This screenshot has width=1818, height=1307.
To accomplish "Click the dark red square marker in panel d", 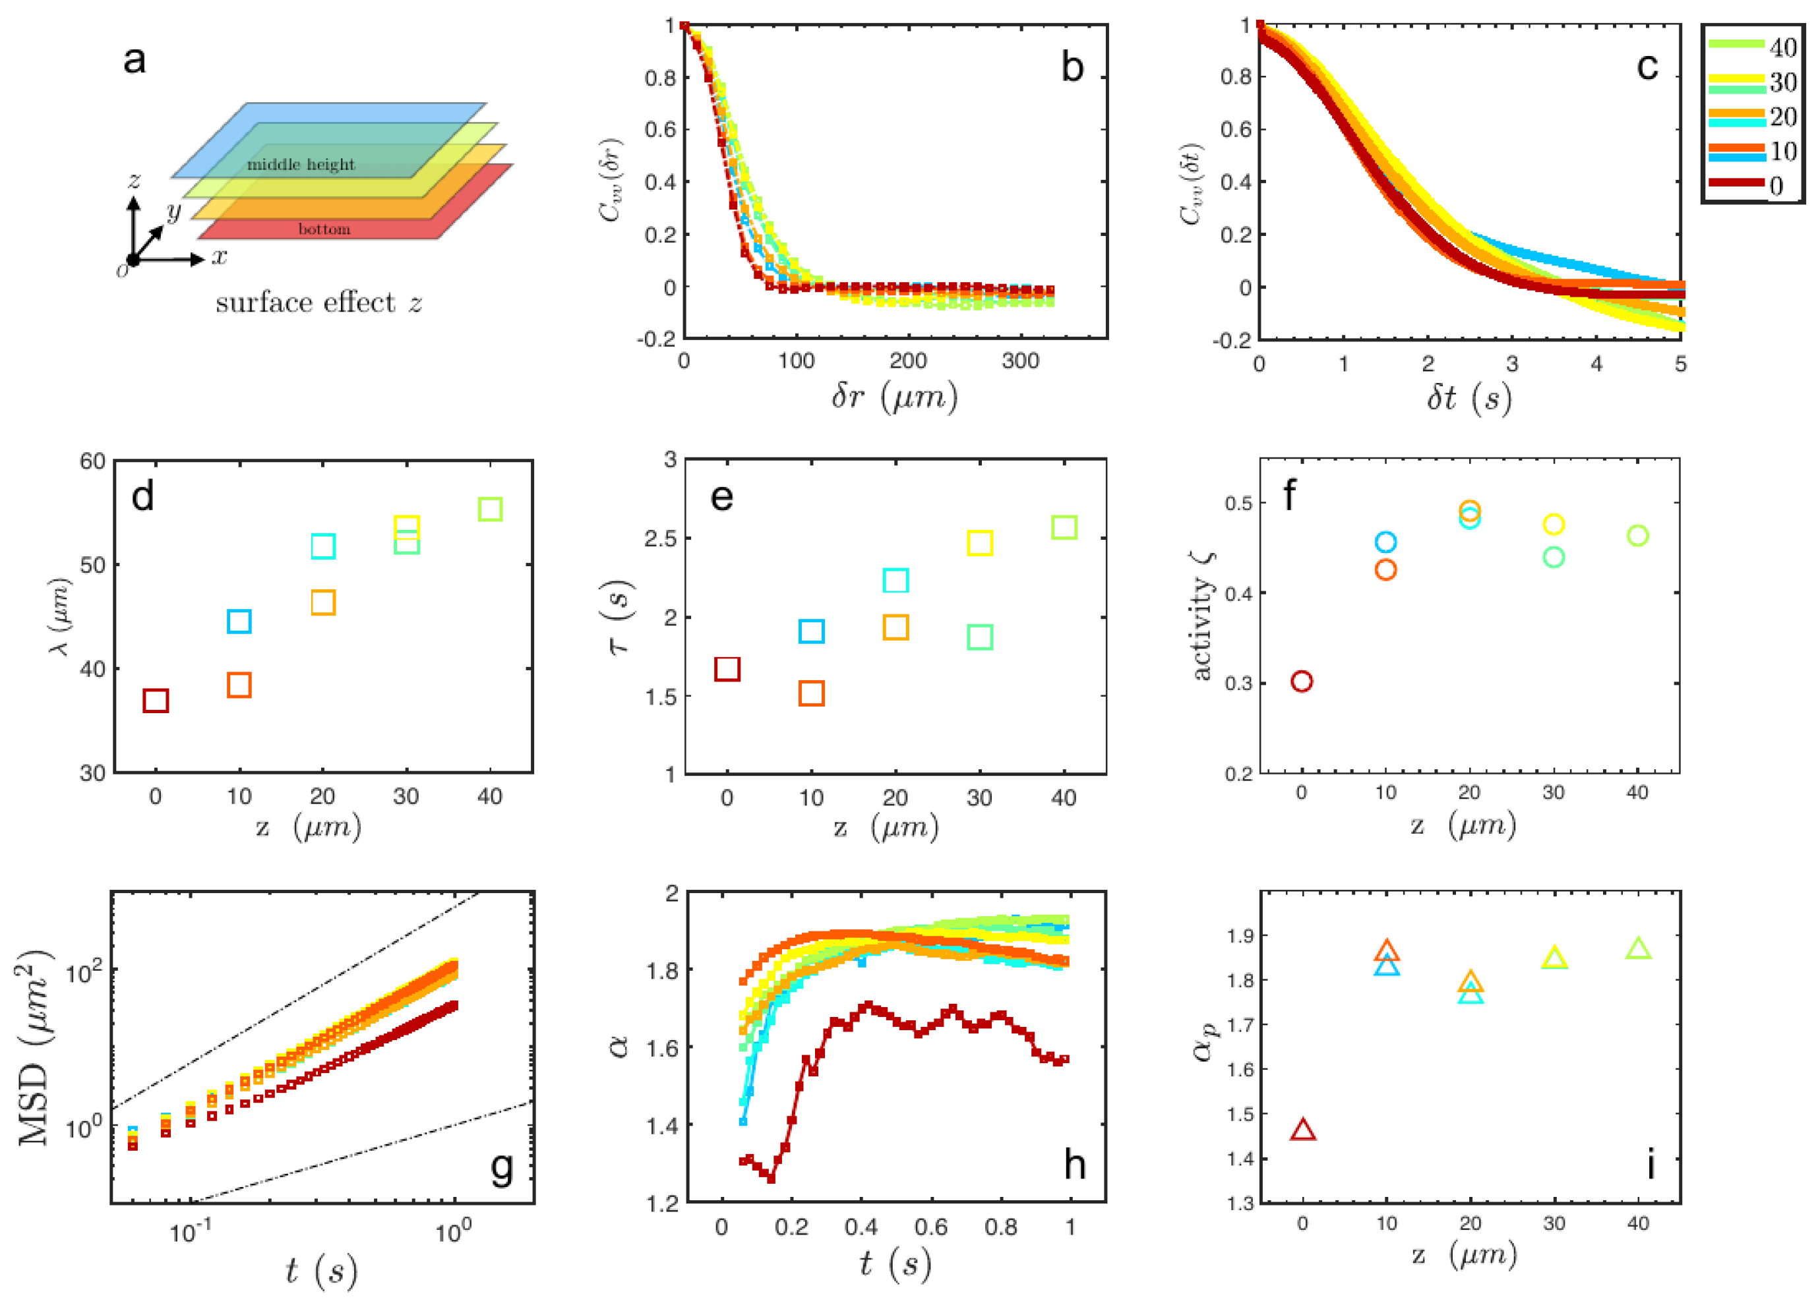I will click(156, 701).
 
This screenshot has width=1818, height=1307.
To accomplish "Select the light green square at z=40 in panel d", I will click(490, 509).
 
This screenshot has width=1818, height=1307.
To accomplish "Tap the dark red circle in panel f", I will click(1302, 681).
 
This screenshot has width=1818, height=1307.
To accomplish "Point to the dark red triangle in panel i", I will click(1304, 1130).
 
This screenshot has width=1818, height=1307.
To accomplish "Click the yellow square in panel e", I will click(979, 542).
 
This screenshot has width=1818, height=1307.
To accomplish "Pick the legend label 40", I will click(1783, 48).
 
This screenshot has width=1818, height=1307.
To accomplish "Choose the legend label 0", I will click(1776, 186).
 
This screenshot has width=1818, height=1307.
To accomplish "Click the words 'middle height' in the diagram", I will click(301, 164).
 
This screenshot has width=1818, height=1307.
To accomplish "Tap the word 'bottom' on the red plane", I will click(324, 229).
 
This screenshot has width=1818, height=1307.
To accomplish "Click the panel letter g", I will click(502, 1167).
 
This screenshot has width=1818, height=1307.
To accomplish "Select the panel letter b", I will click(1072, 67).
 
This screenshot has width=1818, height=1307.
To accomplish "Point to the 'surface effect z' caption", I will click(318, 303).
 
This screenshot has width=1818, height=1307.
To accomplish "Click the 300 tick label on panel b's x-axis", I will click(1019, 361).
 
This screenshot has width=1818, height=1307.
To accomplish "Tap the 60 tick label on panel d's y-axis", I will click(92, 461).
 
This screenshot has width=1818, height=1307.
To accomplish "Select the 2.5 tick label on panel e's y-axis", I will click(659, 538).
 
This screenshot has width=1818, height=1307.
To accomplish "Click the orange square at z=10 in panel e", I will click(811, 693).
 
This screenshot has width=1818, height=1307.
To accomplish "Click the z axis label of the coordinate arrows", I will click(134, 181).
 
